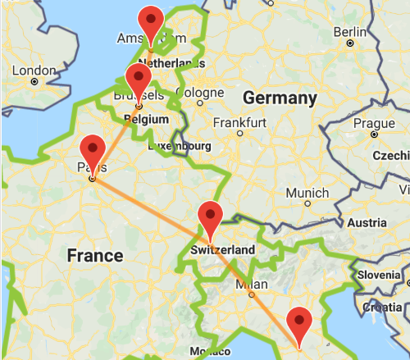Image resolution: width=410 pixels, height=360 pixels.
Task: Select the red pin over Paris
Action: point(92,149)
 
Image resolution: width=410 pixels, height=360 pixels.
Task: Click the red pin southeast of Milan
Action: point(301,321)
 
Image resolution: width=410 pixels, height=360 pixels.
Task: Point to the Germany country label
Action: point(280,98)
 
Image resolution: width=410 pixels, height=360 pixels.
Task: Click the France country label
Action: point(94,255)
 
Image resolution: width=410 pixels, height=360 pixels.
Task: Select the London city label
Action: point(34,71)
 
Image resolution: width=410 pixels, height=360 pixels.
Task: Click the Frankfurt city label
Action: point(239,122)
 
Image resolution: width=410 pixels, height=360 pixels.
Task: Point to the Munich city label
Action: point(308,193)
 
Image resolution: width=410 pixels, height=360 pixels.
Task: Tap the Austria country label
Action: point(367,223)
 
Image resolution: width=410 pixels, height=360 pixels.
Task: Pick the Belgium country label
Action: point(139,118)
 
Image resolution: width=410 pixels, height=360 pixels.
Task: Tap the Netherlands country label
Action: point(171,63)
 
